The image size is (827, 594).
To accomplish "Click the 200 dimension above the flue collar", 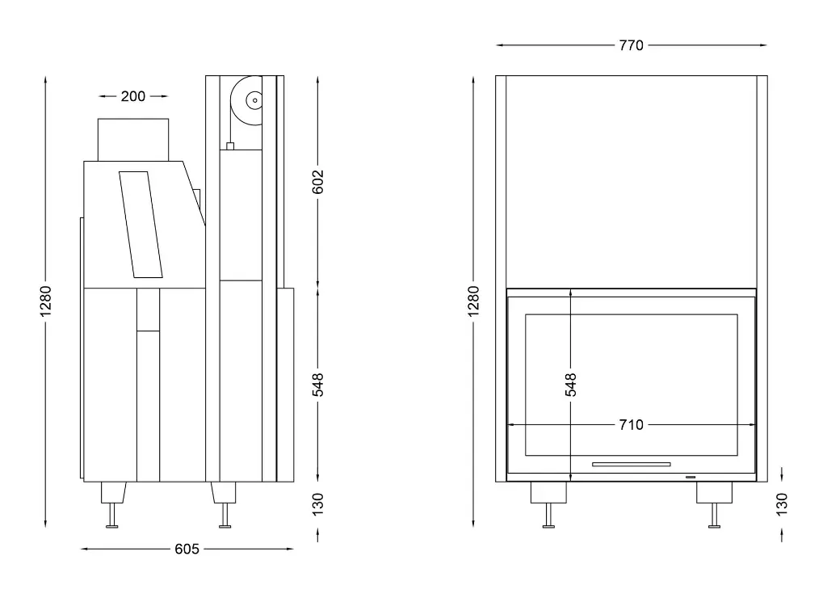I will coord(133,96).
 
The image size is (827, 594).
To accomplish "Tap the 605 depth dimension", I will coord(187,550).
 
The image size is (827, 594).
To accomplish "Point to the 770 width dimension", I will coord(631,45).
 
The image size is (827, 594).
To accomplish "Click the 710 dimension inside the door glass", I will coord(631,424).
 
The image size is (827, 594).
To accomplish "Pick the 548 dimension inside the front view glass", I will coord(571,384).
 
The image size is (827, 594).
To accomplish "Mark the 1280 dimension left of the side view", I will coord(46,301).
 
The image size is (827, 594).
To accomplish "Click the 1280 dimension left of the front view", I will coord(474,301).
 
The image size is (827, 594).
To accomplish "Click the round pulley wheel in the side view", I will coord(246,101).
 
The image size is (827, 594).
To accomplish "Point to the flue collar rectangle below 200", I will coord(133,139).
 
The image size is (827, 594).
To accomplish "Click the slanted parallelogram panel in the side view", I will coord(141,224).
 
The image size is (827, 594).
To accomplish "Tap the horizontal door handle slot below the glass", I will coord(632,465).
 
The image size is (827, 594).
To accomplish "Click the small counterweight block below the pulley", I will coord(230,147).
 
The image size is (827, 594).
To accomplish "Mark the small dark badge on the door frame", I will coord(691,478).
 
